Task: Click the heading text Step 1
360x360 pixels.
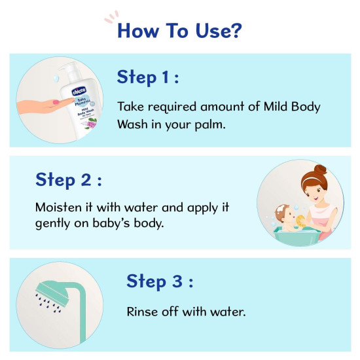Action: pyautogui.click(x=148, y=77)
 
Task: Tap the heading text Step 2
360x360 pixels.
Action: pyautogui.click(x=69, y=179)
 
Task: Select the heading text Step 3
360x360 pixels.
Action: pyautogui.click(x=159, y=281)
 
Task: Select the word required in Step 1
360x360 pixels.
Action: pyautogui.click(x=171, y=107)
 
